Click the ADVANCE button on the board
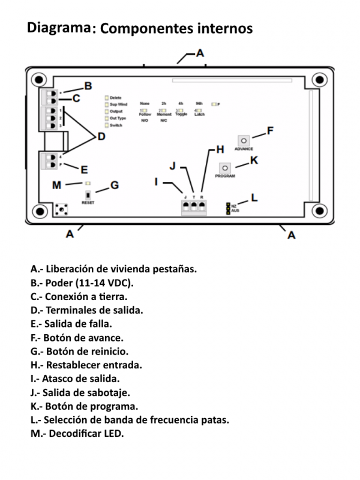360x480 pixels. click(244, 140)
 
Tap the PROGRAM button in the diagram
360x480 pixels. click(224, 168)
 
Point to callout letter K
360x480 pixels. click(254, 160)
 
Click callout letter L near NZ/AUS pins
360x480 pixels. click(254, 197)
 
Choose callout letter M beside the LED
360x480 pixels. click(56, 185)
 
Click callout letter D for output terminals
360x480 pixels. click(101, 137)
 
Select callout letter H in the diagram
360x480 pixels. click(220, 149)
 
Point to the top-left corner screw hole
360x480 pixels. click(39, 80)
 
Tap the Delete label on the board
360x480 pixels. click(116, 98)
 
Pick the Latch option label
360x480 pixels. click(199, 114)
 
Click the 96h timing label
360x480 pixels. click(199, 104)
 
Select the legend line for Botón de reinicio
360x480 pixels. click(79, 351)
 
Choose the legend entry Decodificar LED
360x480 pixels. click(77, 434)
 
